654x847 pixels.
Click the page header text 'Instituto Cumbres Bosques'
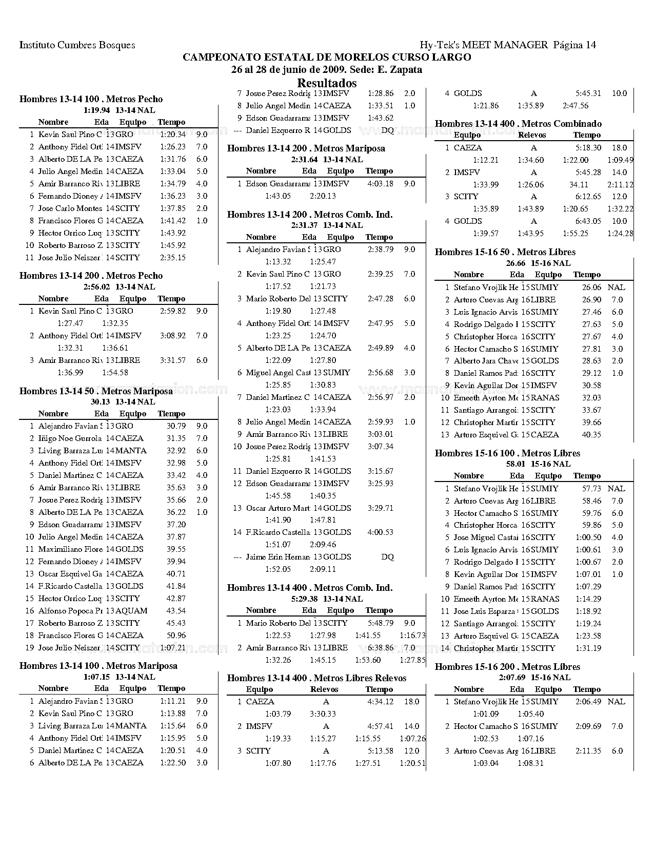77,45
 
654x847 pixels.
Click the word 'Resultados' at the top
327,83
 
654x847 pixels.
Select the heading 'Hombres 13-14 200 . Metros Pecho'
91,276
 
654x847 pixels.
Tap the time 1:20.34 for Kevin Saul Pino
173,134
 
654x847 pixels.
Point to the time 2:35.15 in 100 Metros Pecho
173,258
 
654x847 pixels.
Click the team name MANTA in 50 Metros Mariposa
131,451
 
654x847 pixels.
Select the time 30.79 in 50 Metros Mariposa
176,426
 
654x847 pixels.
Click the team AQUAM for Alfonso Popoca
131,611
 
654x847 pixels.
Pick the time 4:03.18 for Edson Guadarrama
381,184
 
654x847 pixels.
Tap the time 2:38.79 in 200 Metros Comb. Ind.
381,249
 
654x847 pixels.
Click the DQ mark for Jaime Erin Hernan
388,557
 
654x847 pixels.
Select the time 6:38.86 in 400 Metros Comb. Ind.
381,648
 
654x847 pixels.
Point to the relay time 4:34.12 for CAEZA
381,702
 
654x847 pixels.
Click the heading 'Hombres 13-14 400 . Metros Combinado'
518,124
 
